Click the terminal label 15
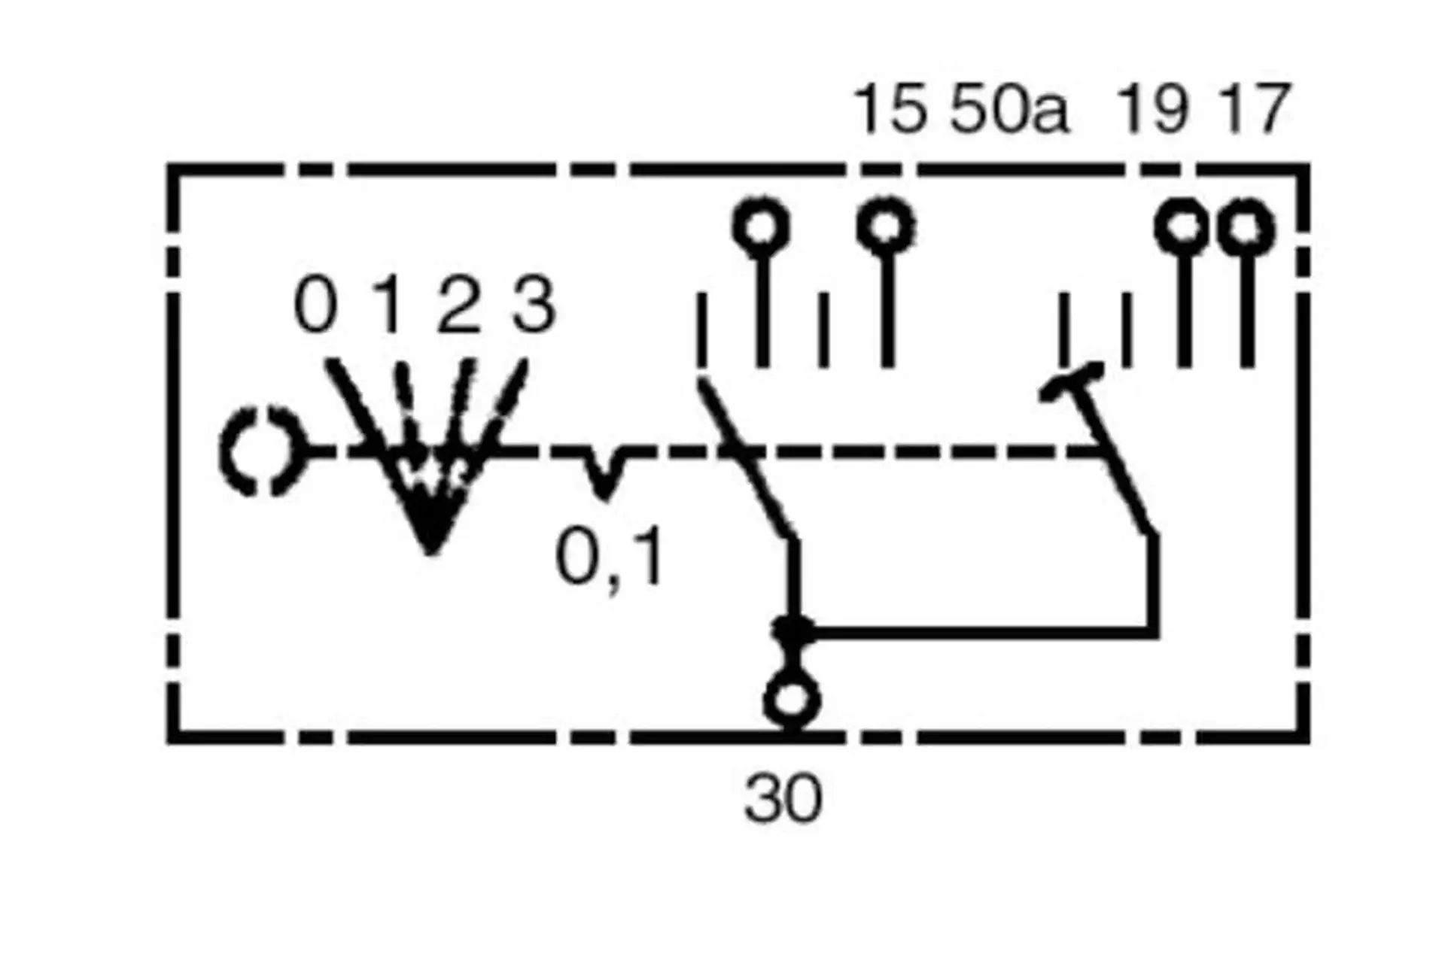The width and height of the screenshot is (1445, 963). (x=890, y=110)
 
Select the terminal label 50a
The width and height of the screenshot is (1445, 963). (x=1008, y=110)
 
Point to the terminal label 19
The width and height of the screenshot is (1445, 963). (x=1154, y=110)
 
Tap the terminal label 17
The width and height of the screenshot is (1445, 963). (x=1254, y=110)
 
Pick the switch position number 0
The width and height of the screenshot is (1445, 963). (x=315, y=305)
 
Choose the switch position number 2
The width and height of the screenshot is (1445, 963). (x=458, y=305)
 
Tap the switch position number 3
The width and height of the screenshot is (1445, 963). (x=533, y=305)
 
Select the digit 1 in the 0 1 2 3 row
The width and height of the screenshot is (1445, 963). (x=388, y=305)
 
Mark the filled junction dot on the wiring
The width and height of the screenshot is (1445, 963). (x=793, y=630)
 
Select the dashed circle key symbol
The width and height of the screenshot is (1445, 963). (x=260, y=451)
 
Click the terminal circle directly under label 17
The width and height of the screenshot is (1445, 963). (x=1246, y=228)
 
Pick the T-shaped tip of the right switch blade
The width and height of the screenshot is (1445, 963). (x=1072, y=381)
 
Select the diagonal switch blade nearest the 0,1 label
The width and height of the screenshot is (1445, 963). (x=745, y=459)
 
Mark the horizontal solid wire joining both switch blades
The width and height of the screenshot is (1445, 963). (x=978, y=632)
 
